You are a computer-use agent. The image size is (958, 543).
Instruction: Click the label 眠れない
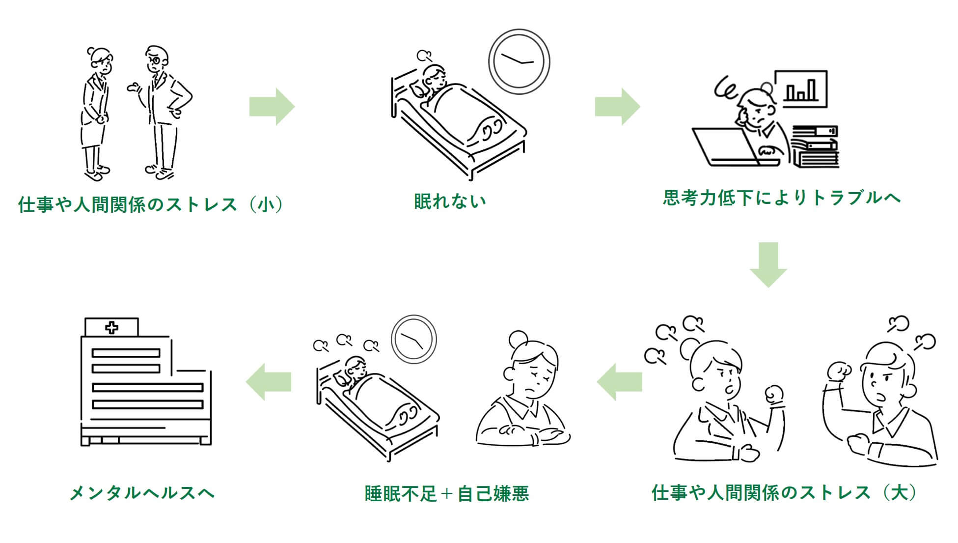450,201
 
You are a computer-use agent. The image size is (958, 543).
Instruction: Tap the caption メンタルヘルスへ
142,493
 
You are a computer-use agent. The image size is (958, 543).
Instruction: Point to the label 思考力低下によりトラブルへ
782,198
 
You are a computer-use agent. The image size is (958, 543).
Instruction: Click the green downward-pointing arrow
768,264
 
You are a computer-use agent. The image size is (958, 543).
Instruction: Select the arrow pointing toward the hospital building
269,382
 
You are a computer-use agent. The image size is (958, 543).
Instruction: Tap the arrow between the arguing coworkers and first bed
272,107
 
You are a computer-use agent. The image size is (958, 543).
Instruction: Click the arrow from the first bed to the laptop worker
617,107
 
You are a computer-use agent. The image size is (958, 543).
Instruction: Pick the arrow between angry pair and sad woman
620,382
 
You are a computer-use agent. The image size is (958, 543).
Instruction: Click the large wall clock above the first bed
519,62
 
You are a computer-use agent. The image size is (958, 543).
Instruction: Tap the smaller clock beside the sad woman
413,339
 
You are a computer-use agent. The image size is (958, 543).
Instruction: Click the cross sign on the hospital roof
111,327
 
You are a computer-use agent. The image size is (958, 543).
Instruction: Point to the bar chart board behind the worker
801,89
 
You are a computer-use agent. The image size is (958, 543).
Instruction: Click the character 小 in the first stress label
266,204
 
